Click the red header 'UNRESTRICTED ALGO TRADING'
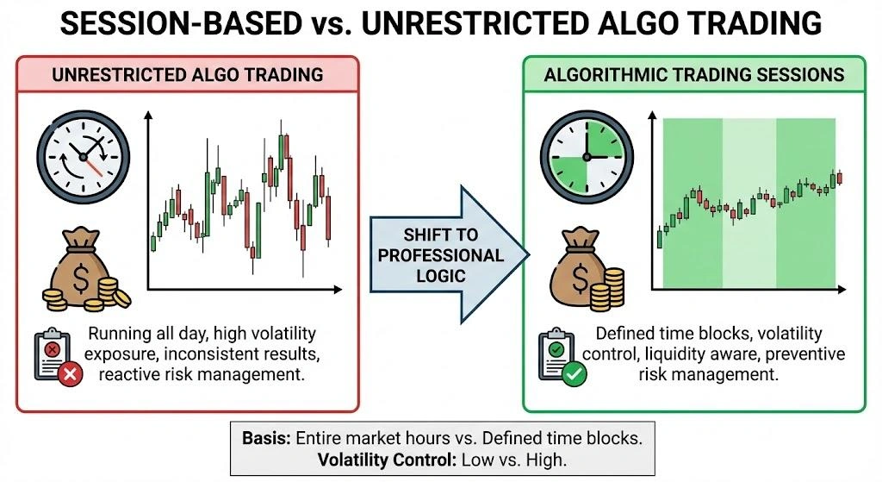pyautogui.click(x=187, y=74)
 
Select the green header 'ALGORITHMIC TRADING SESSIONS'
pyautogui.click(x=693, y=74)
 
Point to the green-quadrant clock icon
pyautogui.click(x=587, y=156)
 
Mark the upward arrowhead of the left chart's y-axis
pyautogui.click(x=148, y=114)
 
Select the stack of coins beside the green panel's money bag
pyautogui.click(x=612, y=289)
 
